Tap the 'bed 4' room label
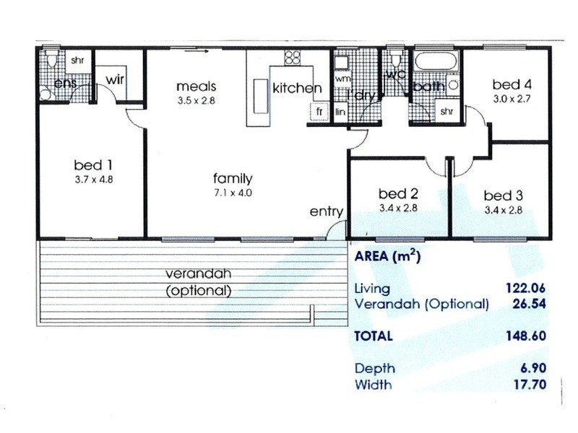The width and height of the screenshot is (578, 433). [512, 84]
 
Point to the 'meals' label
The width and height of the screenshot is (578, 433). [196, 87]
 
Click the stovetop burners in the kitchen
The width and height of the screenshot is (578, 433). [292, 57]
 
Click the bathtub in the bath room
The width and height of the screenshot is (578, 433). [435, 61]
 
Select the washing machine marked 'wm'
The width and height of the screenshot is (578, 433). [342, 77]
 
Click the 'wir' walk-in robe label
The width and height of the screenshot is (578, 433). [116, 79]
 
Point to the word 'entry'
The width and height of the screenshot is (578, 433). [326, 211]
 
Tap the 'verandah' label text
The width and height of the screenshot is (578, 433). [198, 274]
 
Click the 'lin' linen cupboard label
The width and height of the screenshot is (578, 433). [341, 112]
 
